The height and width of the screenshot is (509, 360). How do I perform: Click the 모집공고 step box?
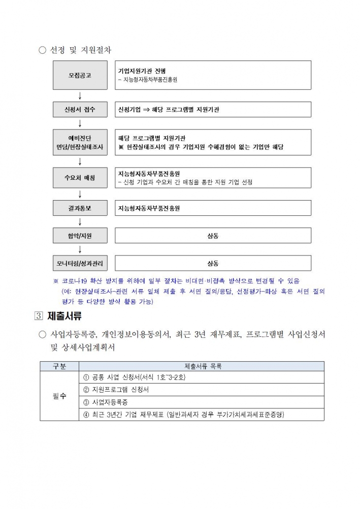click(x=80, y=75)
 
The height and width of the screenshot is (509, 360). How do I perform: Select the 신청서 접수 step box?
click(x=80, y=109)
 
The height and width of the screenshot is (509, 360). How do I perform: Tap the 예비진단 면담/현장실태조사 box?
click(x=80, y=142)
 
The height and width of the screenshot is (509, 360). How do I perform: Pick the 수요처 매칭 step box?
click(x=80, y=178)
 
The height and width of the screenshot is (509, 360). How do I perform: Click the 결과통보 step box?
click(x=80, y=208)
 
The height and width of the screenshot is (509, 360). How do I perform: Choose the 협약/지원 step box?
click(x=80, y=236)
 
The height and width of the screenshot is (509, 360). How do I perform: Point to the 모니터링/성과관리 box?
click(x=80, y=263)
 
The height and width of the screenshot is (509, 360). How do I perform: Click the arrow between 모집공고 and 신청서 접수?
click(x=80, y=96)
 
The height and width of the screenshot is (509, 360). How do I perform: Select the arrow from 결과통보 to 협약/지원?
click(x=80, y=221)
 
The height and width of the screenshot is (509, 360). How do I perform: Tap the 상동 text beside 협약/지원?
click(x=213, y=236)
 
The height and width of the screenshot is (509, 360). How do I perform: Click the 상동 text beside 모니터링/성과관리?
click(x=213, y=263)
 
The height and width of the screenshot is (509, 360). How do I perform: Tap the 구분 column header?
click(x=59, y=366)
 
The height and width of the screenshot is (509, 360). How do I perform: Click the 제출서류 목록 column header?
click(x=202, y=366)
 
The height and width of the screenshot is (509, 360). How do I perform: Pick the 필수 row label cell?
click(x=59, y=396)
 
